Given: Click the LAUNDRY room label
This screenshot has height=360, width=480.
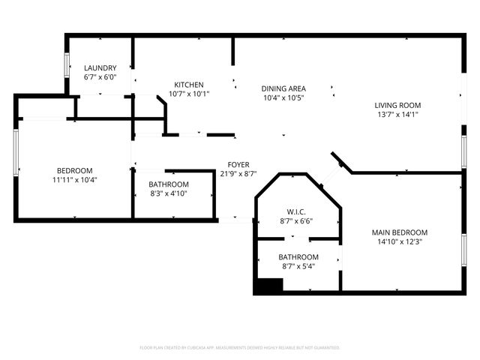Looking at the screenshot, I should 100,67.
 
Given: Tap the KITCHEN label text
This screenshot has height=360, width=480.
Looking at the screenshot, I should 190,85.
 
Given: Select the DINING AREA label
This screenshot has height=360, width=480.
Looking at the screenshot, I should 283,88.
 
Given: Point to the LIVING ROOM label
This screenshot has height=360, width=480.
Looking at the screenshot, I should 397,105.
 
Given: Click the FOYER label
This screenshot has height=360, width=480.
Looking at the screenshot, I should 238,165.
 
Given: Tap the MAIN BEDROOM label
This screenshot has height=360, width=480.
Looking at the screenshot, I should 400,232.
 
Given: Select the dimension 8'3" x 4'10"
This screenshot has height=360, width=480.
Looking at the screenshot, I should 168,193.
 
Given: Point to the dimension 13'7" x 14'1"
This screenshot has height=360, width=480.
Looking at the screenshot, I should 397,115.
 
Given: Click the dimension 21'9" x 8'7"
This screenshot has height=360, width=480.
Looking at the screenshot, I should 238,174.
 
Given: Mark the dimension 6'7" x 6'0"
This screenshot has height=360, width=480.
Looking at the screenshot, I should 100,76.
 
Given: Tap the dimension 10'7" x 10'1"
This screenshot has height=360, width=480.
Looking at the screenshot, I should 190,94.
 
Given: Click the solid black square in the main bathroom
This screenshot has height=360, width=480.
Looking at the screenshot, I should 268,286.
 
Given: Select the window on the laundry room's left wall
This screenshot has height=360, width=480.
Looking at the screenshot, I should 67,65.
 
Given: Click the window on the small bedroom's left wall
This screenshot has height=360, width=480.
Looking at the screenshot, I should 15,153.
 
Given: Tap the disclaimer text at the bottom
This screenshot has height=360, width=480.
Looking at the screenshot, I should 240,347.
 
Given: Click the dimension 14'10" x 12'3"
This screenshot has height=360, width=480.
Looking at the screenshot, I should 400,241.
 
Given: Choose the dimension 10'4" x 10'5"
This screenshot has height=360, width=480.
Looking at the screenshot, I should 283,97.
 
